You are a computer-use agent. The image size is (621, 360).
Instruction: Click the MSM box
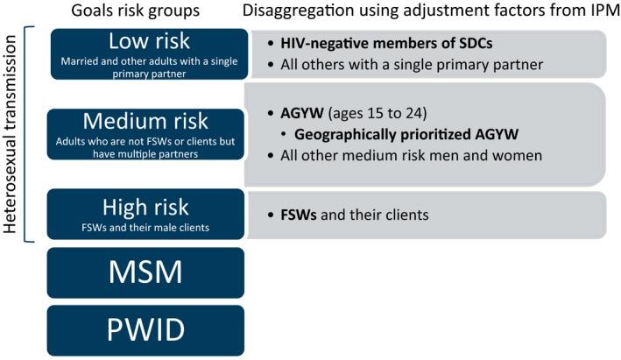[145, 272]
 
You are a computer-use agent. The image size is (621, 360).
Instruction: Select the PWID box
[145, 330]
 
